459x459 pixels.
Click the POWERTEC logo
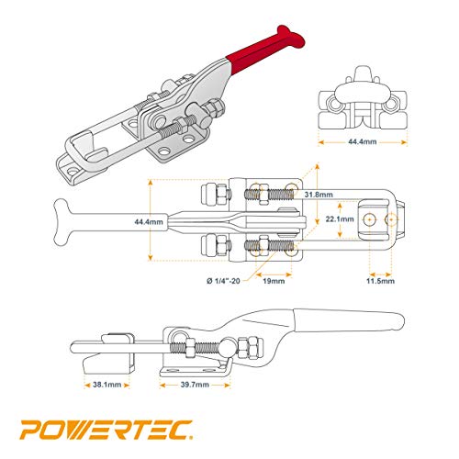point(106,430)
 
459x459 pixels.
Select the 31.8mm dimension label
point(319,195)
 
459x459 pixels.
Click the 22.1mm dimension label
point(340,219)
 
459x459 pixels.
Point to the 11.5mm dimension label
point(380,281)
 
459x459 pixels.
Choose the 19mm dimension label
point(274,281)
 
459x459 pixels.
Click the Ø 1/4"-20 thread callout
point(223,281)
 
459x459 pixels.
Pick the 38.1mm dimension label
point(106,385)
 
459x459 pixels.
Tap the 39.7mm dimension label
point(195,385)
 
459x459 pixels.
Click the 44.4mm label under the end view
point(363,141)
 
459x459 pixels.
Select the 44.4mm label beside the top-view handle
point(149,221)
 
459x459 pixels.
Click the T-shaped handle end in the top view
point(62,222)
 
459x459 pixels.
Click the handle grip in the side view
point(349,320)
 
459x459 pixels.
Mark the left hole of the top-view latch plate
point(370,219)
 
